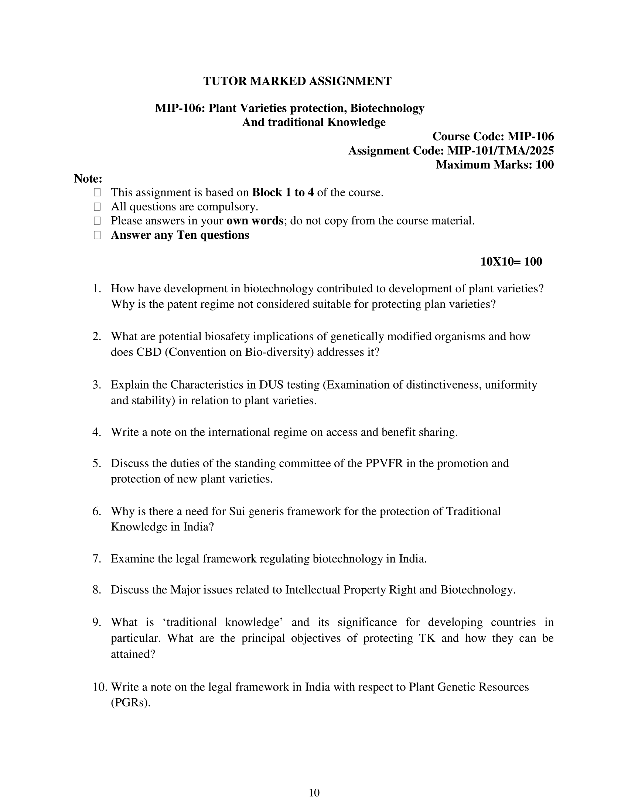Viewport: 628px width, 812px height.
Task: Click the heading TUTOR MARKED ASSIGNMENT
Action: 297,81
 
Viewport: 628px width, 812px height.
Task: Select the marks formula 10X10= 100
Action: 511,262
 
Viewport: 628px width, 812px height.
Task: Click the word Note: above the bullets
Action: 88,179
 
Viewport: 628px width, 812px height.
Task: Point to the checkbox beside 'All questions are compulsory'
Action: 98,207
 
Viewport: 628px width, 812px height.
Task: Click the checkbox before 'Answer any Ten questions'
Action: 98,235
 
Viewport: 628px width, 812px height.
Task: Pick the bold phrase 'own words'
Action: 255,221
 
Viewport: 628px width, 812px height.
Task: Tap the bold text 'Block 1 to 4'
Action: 283,193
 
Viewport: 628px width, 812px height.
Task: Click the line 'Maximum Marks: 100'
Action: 494,165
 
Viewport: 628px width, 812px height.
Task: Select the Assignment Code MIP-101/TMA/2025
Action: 500,151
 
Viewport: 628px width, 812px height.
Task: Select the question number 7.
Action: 97,559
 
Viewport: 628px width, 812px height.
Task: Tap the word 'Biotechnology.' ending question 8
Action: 478,590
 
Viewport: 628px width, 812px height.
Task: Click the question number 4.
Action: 97,433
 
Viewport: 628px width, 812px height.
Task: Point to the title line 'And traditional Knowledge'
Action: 314,122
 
